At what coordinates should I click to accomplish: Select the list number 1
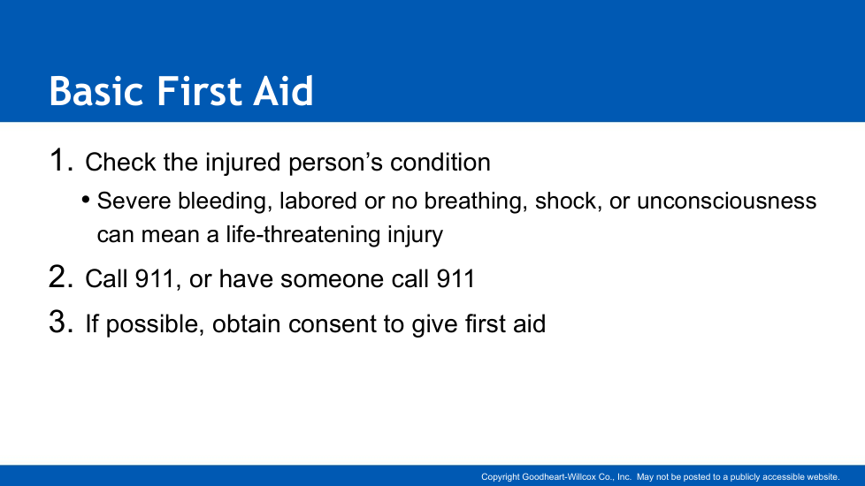[61, 160]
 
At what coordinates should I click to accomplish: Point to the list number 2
[61, 277]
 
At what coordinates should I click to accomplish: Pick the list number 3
[61, 322]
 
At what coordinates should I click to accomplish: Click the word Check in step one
[120, 162]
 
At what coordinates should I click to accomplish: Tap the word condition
[440, 162]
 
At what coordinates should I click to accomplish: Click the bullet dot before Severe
[86, 199]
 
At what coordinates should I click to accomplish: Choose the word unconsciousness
[726, 201]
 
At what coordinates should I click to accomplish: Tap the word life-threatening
[302, 235]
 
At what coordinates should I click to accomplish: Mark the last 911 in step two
[455, 279]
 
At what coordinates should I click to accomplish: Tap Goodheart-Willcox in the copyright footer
[567, 476]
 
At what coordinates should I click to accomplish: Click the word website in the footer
[823, 476]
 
